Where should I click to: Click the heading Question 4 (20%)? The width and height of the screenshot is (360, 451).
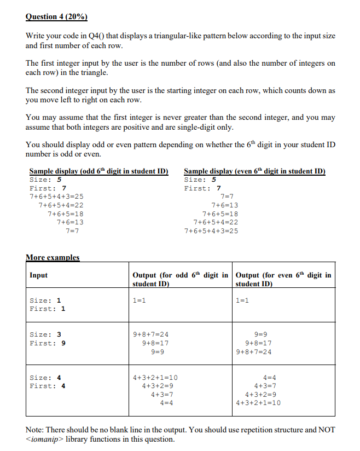(57, 16)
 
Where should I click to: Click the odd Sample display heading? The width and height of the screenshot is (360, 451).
(98, 171)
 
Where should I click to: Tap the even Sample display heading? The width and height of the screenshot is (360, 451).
(254, 171)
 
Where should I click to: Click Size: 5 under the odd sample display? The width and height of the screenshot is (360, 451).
(45, 179)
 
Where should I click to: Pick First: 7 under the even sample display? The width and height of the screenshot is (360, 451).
(202, 188)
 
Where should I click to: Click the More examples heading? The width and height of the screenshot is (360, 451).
(53, 257)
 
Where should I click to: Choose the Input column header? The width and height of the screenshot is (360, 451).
(39, 275)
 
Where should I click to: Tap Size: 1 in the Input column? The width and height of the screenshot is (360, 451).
(45, 300)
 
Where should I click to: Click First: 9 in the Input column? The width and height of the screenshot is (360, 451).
(48, 343)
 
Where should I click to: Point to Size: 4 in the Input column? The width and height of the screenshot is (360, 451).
(45, 377)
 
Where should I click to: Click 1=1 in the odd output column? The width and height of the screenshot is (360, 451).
(140, 300)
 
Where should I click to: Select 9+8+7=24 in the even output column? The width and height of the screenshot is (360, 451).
(257, 351)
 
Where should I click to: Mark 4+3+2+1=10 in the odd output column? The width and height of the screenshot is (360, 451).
(155, 377)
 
